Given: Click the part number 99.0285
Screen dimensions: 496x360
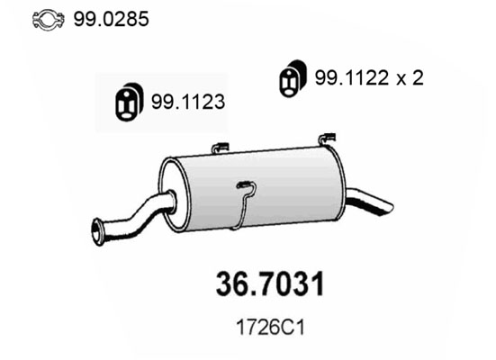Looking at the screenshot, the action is (x=111, y=19).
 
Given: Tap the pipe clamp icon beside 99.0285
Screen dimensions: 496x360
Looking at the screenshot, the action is (x=48, y=20).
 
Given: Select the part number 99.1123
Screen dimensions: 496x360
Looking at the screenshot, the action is (x=188, y=102).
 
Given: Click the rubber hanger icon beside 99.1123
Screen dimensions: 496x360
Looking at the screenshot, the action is (x=129, y=102).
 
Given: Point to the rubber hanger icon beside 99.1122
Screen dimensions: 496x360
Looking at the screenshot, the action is (x=292, y=78).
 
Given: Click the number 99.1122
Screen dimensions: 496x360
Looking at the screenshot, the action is (x=351, y=77).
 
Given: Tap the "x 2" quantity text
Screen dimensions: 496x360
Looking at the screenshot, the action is (x=410, y=78).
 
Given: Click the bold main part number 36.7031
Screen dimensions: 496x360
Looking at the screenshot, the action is (x=270, y=283).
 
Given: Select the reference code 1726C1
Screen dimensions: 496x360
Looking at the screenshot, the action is (x=270, y=328).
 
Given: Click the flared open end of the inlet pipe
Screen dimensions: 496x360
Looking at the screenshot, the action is (x=97, y=232).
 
